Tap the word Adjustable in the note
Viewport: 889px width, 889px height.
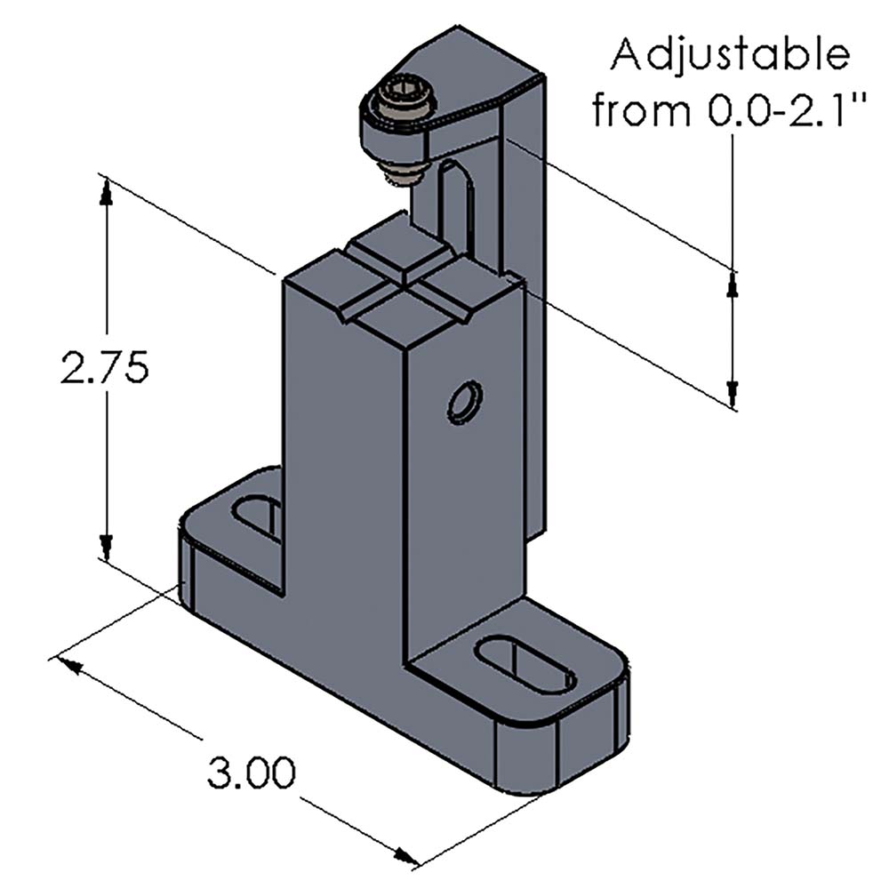[x=728, y=55]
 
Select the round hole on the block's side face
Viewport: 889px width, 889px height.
[x=465, y=403]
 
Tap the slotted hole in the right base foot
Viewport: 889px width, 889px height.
[x=525, y=666]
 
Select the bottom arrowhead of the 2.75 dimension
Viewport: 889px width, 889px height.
[x=107, y=547]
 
